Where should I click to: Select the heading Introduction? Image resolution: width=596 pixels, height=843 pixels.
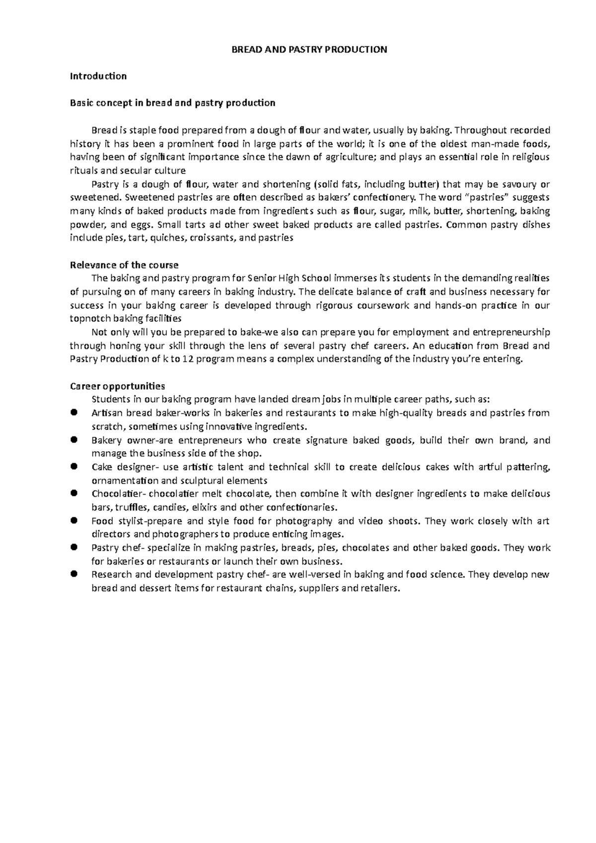click(x=98, y=76)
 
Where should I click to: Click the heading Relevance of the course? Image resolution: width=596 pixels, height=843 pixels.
click(x=124, y=265)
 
